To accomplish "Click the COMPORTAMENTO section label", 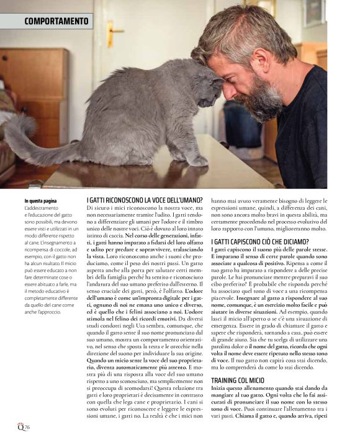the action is pos(56,21).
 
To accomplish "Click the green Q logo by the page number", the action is pos(20,426).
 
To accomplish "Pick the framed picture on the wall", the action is pos(313,12).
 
